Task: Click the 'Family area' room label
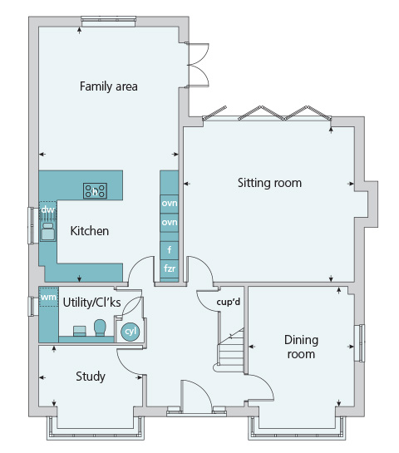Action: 108,86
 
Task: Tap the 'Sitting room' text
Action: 269,183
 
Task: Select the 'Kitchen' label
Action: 90,231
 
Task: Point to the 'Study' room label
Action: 91,377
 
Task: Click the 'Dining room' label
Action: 301,347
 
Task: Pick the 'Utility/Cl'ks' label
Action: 92,303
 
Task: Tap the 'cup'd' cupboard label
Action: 229,303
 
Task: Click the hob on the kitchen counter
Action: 95,191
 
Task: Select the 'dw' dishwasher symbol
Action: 47,210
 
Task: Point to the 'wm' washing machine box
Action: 48,297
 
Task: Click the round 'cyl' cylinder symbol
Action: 131,332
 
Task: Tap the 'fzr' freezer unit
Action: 170,268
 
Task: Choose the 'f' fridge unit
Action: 170,249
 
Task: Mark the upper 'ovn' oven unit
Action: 170,204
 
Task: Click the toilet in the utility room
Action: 100,327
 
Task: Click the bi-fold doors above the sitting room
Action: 267,114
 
